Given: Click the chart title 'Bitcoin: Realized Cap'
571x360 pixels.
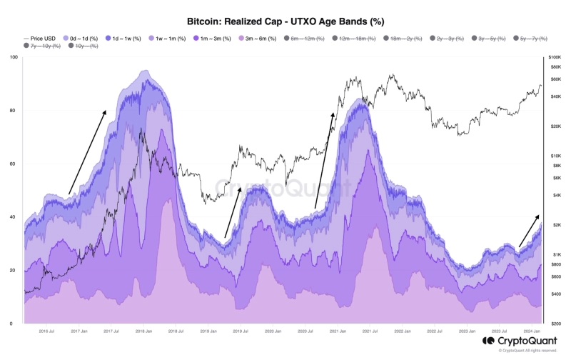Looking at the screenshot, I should (285, 22).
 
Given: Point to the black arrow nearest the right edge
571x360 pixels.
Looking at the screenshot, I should (529, 230).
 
